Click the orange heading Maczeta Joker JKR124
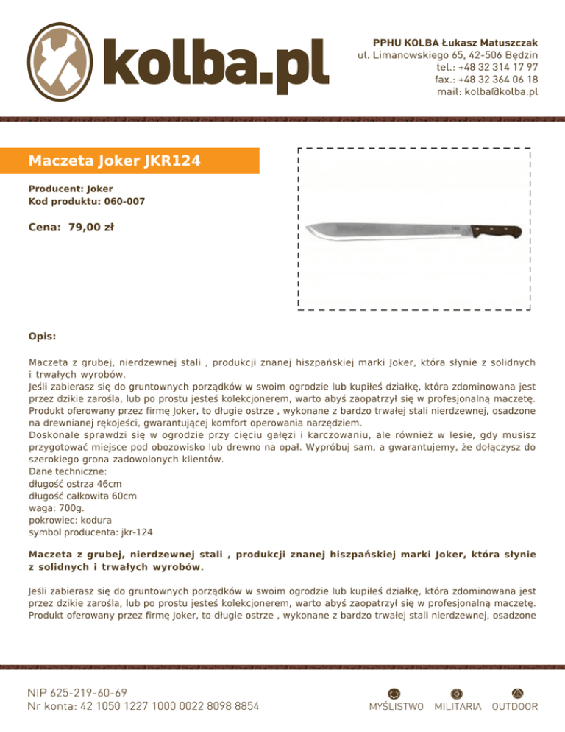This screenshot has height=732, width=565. [x=114, y=160]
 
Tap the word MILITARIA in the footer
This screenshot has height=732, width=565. [x=458, y=707]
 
